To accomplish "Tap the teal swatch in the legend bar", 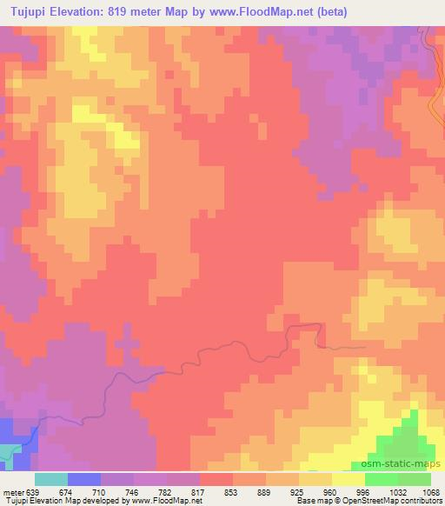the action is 51,479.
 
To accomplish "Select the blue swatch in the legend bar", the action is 84,479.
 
